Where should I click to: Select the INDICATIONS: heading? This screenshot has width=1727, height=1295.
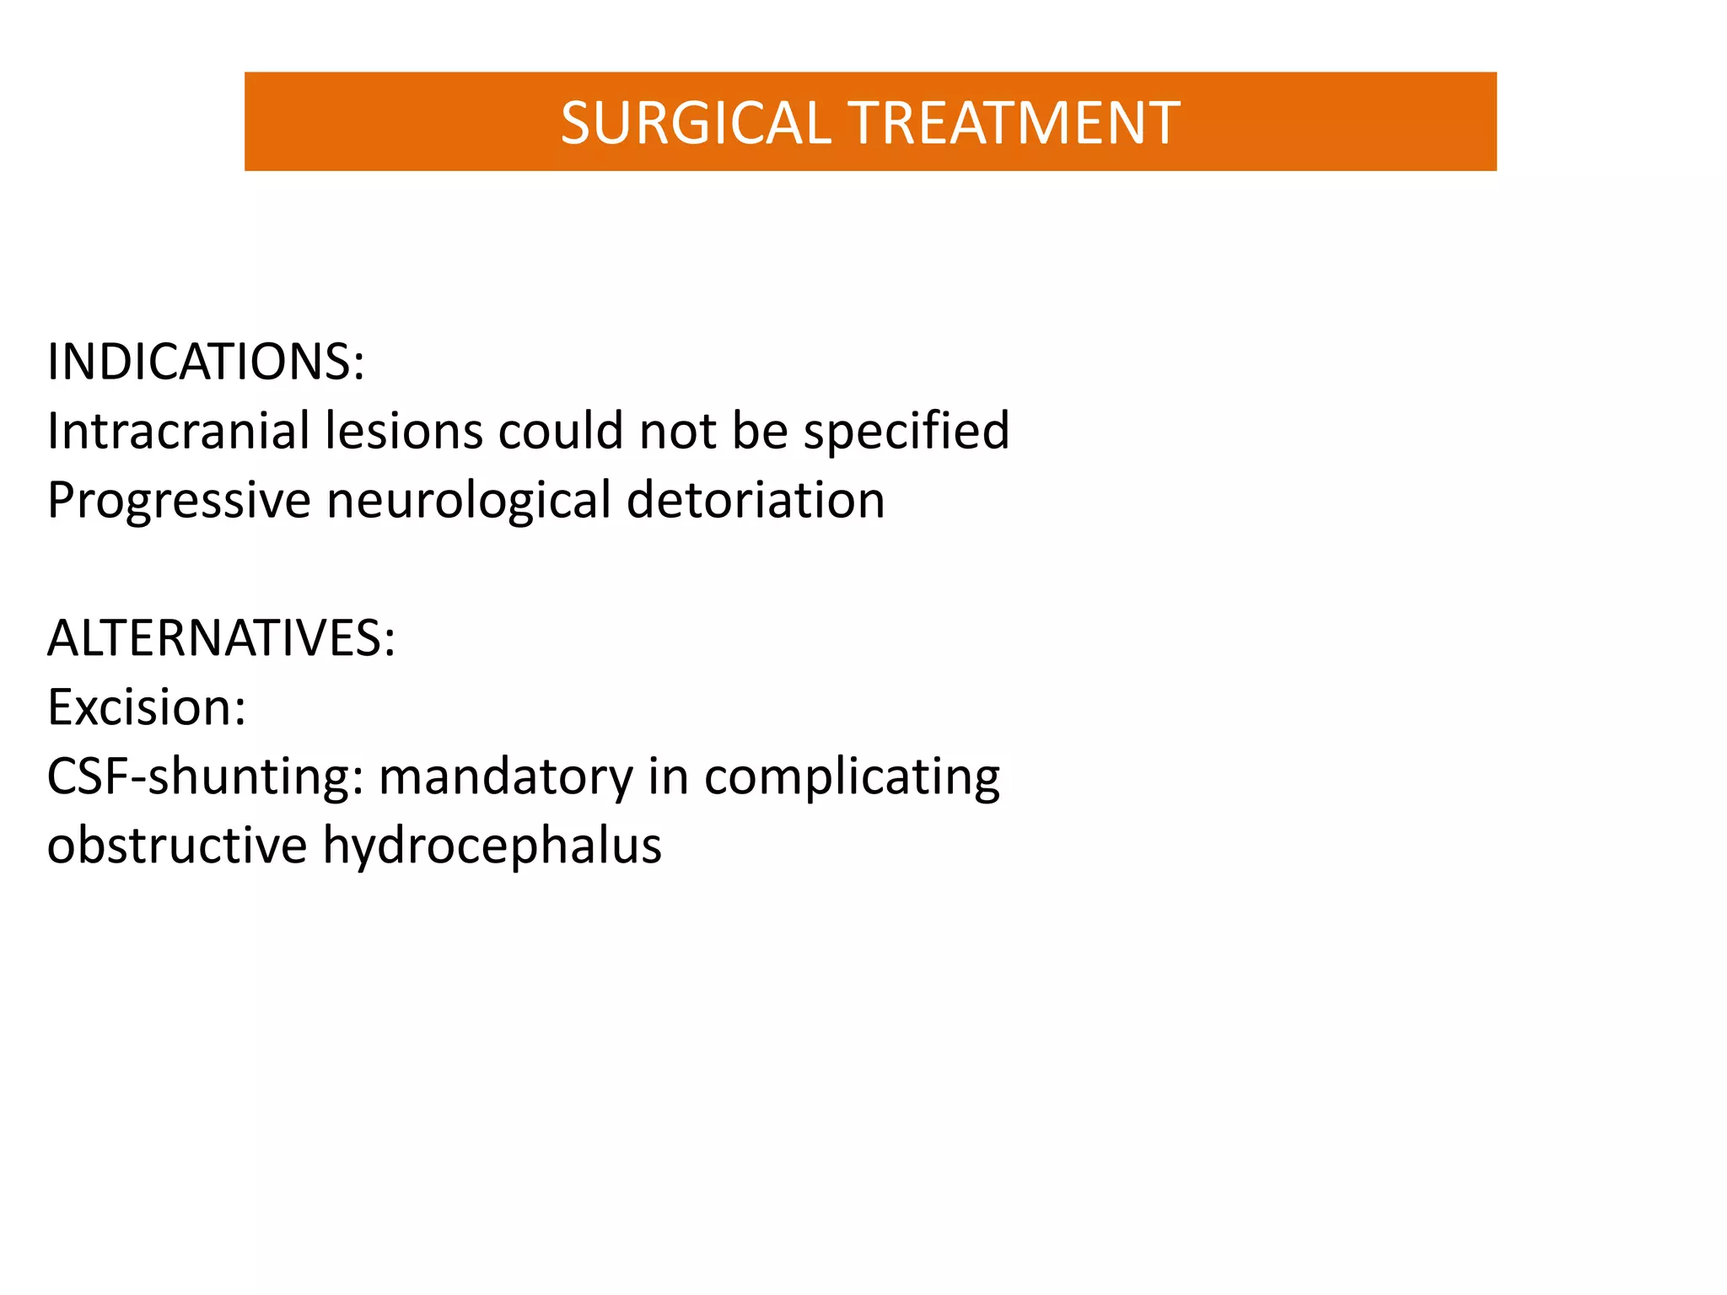206,362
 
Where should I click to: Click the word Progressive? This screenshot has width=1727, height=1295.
179,500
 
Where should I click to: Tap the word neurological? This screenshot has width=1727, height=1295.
468,500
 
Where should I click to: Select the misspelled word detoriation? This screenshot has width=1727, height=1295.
756,500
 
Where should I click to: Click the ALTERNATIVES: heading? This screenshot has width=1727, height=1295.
221,638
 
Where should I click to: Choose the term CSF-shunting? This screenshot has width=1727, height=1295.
205,776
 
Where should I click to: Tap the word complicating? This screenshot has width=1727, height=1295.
852,776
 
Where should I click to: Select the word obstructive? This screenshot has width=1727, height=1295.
177,846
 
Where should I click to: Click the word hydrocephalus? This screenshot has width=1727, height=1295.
492,846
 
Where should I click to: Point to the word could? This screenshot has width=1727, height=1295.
561,431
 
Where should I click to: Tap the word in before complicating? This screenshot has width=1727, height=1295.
667,776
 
